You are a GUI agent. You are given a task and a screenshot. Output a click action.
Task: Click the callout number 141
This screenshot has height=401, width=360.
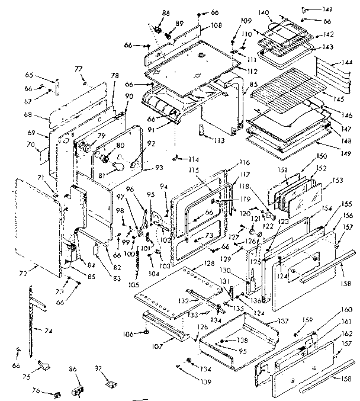[344, 9]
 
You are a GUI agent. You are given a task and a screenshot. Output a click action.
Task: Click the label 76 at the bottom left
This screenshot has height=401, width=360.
[36, 390]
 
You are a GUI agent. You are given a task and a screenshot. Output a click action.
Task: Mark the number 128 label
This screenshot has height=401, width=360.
[208, 262]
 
